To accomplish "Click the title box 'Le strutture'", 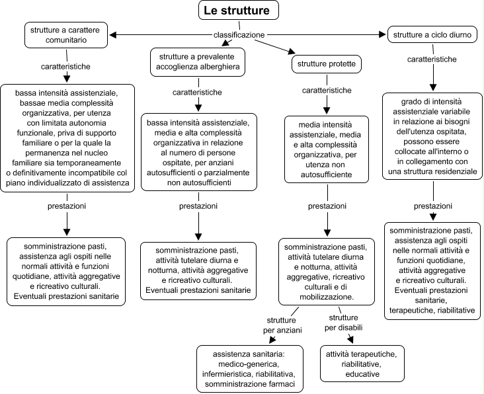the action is [238, 10].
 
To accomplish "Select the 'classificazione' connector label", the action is [239, 35].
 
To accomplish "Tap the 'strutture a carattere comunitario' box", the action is [66, 35].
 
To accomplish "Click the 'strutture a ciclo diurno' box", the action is [432, 34].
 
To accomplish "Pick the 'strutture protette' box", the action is [326, 64].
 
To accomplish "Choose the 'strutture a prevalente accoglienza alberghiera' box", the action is [198, 61].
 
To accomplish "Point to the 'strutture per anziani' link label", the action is [282, 325].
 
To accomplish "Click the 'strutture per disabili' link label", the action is [343, 323].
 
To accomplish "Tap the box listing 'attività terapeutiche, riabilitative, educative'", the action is [362, 364].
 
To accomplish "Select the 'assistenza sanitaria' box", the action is [250, 369].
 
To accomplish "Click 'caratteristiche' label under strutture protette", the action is [327, 91].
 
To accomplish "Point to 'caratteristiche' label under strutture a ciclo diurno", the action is [432, 59].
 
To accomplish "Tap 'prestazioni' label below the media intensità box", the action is [327, 206].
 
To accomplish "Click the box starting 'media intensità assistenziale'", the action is [326, 149].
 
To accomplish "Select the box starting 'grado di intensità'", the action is [432, 136].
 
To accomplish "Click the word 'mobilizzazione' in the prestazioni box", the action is [326, 297].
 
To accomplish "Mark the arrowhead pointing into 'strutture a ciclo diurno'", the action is [383, 34].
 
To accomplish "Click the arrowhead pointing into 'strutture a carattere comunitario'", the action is [112, 35].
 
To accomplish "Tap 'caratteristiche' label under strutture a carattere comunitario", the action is [65, 67].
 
